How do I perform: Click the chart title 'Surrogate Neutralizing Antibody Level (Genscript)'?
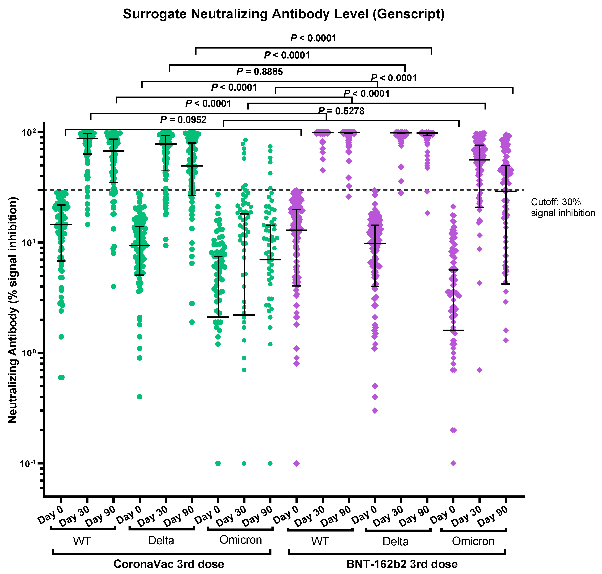(x=283, y=14)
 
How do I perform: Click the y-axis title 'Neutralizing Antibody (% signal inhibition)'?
(x=13, y=310)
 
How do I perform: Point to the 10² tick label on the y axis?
(x=28, y=133)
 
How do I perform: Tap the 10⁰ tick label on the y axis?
(x=28, y=353)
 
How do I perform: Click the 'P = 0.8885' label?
(x=260, y=72)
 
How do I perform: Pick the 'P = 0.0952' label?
(x=183, y=120)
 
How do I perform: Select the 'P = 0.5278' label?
(x=341, y=111)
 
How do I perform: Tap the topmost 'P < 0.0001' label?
(x=313, y=38)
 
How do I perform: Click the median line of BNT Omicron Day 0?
(x=453, y=330)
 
